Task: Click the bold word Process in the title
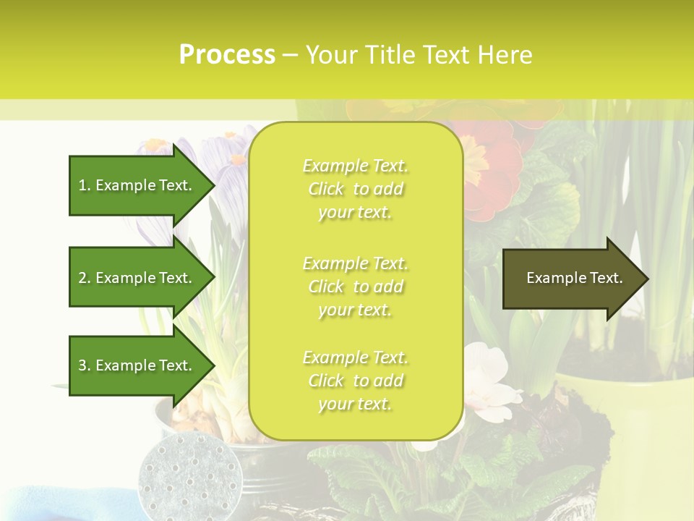tap(227, 54)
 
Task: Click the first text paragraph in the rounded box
tap(355, 189)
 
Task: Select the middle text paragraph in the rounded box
tap(355, 287)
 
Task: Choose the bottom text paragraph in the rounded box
tap(355, 381)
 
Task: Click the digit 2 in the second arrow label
tap(82, 278)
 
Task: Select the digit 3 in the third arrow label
tap(82, 365)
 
